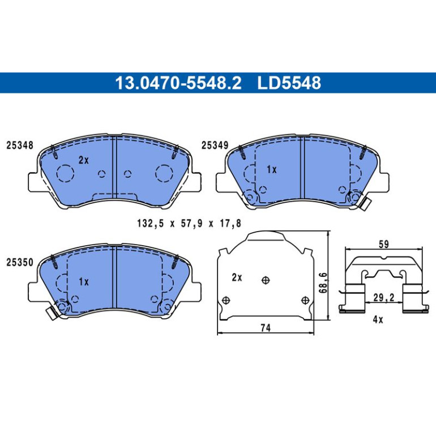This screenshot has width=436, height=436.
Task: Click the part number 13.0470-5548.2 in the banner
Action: (x=178, y=83)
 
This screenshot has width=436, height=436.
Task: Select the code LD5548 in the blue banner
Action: (x=289, y=83)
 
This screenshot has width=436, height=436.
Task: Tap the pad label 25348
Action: (x=20, y=145)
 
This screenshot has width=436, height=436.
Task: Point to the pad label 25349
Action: (x=215, y=145)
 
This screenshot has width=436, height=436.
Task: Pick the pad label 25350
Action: (x=20, y=262)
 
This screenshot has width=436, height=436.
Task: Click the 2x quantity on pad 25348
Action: (x=83, y=160)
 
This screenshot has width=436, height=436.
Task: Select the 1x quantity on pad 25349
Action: (x=272, y=169)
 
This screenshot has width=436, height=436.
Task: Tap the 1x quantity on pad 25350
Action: (x=83, y=282)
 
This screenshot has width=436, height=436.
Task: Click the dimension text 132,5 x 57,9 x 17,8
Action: (x=189, y=223)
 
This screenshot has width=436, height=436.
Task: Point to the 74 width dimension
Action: (x=266, y=328)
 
